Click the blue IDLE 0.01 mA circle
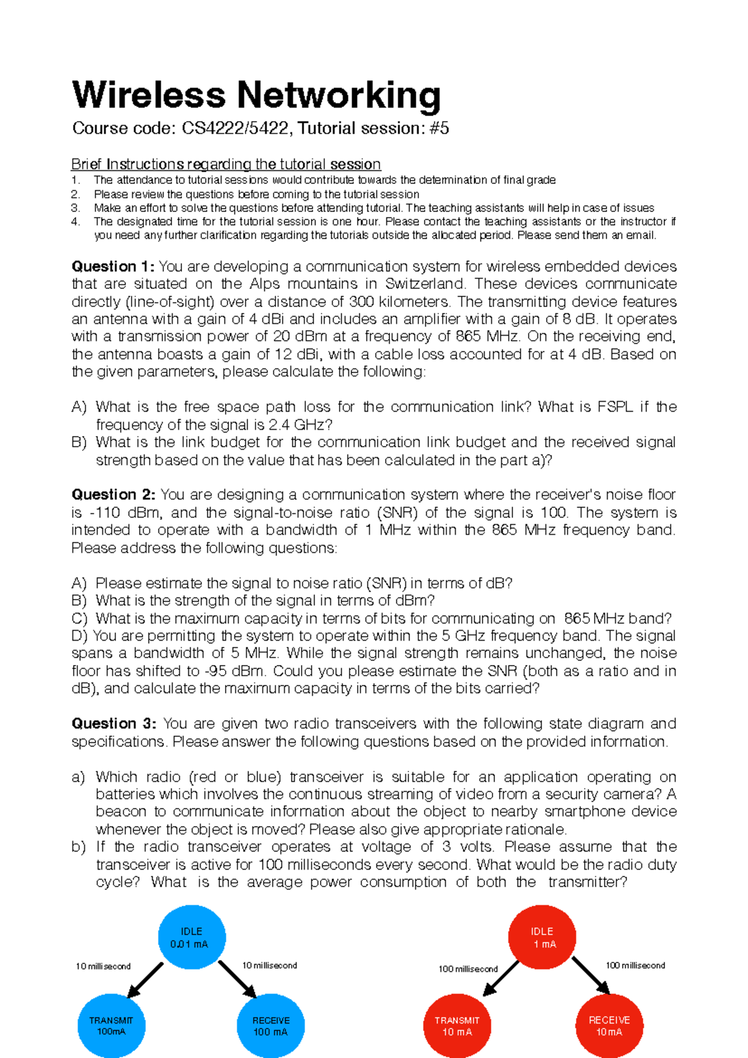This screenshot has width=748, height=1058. tap(192, 937)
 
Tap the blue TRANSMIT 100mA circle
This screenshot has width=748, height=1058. tap(111, 1025)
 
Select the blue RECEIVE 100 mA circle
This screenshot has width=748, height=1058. tap(271, 1025)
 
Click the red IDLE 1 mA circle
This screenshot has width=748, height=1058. tap(542, 937)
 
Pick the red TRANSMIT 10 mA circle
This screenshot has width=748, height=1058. tap(457, 1025)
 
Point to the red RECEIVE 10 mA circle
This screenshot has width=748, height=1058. tap(609, 1025)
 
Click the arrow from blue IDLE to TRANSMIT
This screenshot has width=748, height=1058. tap(145, 980)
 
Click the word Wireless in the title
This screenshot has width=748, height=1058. tap(148, 95)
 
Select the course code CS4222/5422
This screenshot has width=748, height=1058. tap(235, 129)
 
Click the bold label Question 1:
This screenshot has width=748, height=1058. tap(113, 266)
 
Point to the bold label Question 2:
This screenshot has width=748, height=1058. tap(113, 495)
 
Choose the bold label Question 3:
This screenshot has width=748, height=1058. tap(114, 724)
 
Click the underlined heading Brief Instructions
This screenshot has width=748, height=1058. tap(128, 164)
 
